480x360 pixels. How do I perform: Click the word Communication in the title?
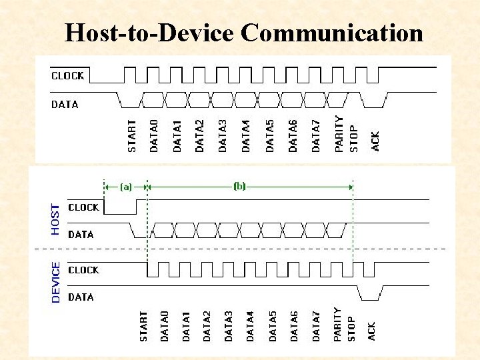tap(331, 32)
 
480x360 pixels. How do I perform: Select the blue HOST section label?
tap(55, 219)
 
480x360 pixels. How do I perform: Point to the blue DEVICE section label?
tap(55, 282)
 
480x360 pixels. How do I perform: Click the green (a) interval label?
tap(125, 187)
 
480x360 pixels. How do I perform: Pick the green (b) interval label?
tap(239, 187)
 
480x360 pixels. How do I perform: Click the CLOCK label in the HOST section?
tap(83, 207)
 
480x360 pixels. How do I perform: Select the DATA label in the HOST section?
tap(81, 234)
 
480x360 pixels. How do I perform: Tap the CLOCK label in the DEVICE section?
tap(83, 270)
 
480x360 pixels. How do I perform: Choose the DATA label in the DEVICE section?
tap(81, 297)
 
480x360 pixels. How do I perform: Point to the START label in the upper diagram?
tap(132, 135)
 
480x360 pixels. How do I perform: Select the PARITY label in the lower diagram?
tap(337, 324)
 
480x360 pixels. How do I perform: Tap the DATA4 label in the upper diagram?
tap(246, 135)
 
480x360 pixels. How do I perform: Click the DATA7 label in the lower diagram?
tap(316, 326)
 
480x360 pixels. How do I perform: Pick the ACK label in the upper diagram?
tap(375, 141)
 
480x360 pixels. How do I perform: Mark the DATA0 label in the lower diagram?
tap(165, 326)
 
